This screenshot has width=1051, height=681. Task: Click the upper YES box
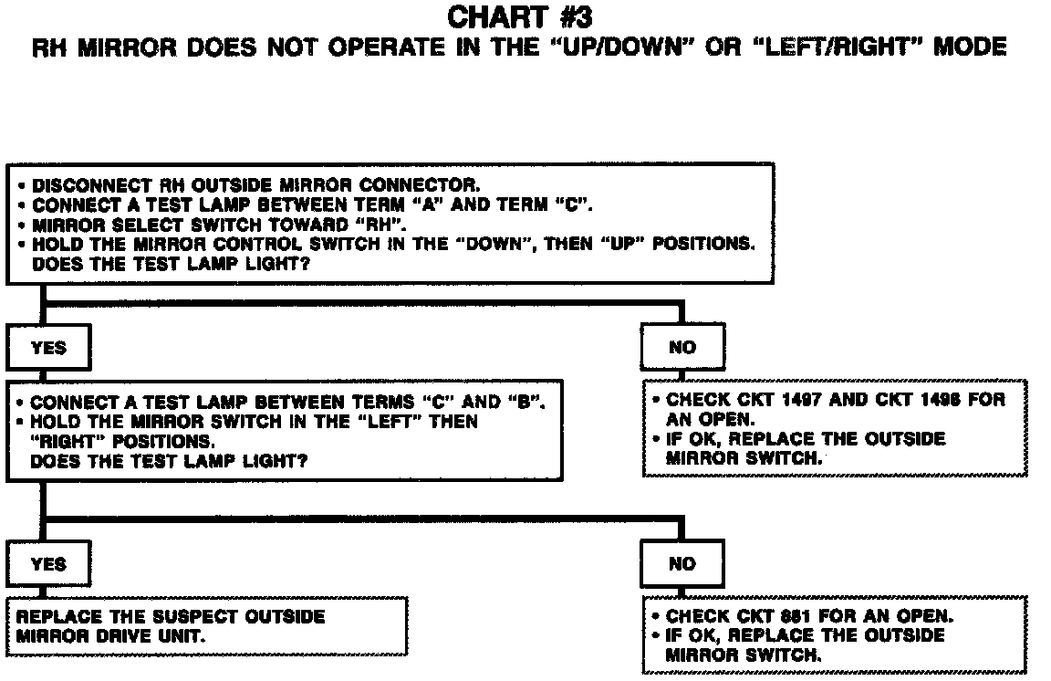(x=48, y=348)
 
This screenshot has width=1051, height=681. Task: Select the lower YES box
(x=48, y=564)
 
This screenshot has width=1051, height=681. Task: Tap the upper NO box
(x=682, y=348)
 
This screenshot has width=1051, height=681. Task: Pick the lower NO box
(x=682, y=564)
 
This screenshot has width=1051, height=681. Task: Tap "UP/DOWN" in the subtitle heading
(x=611, y=47)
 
